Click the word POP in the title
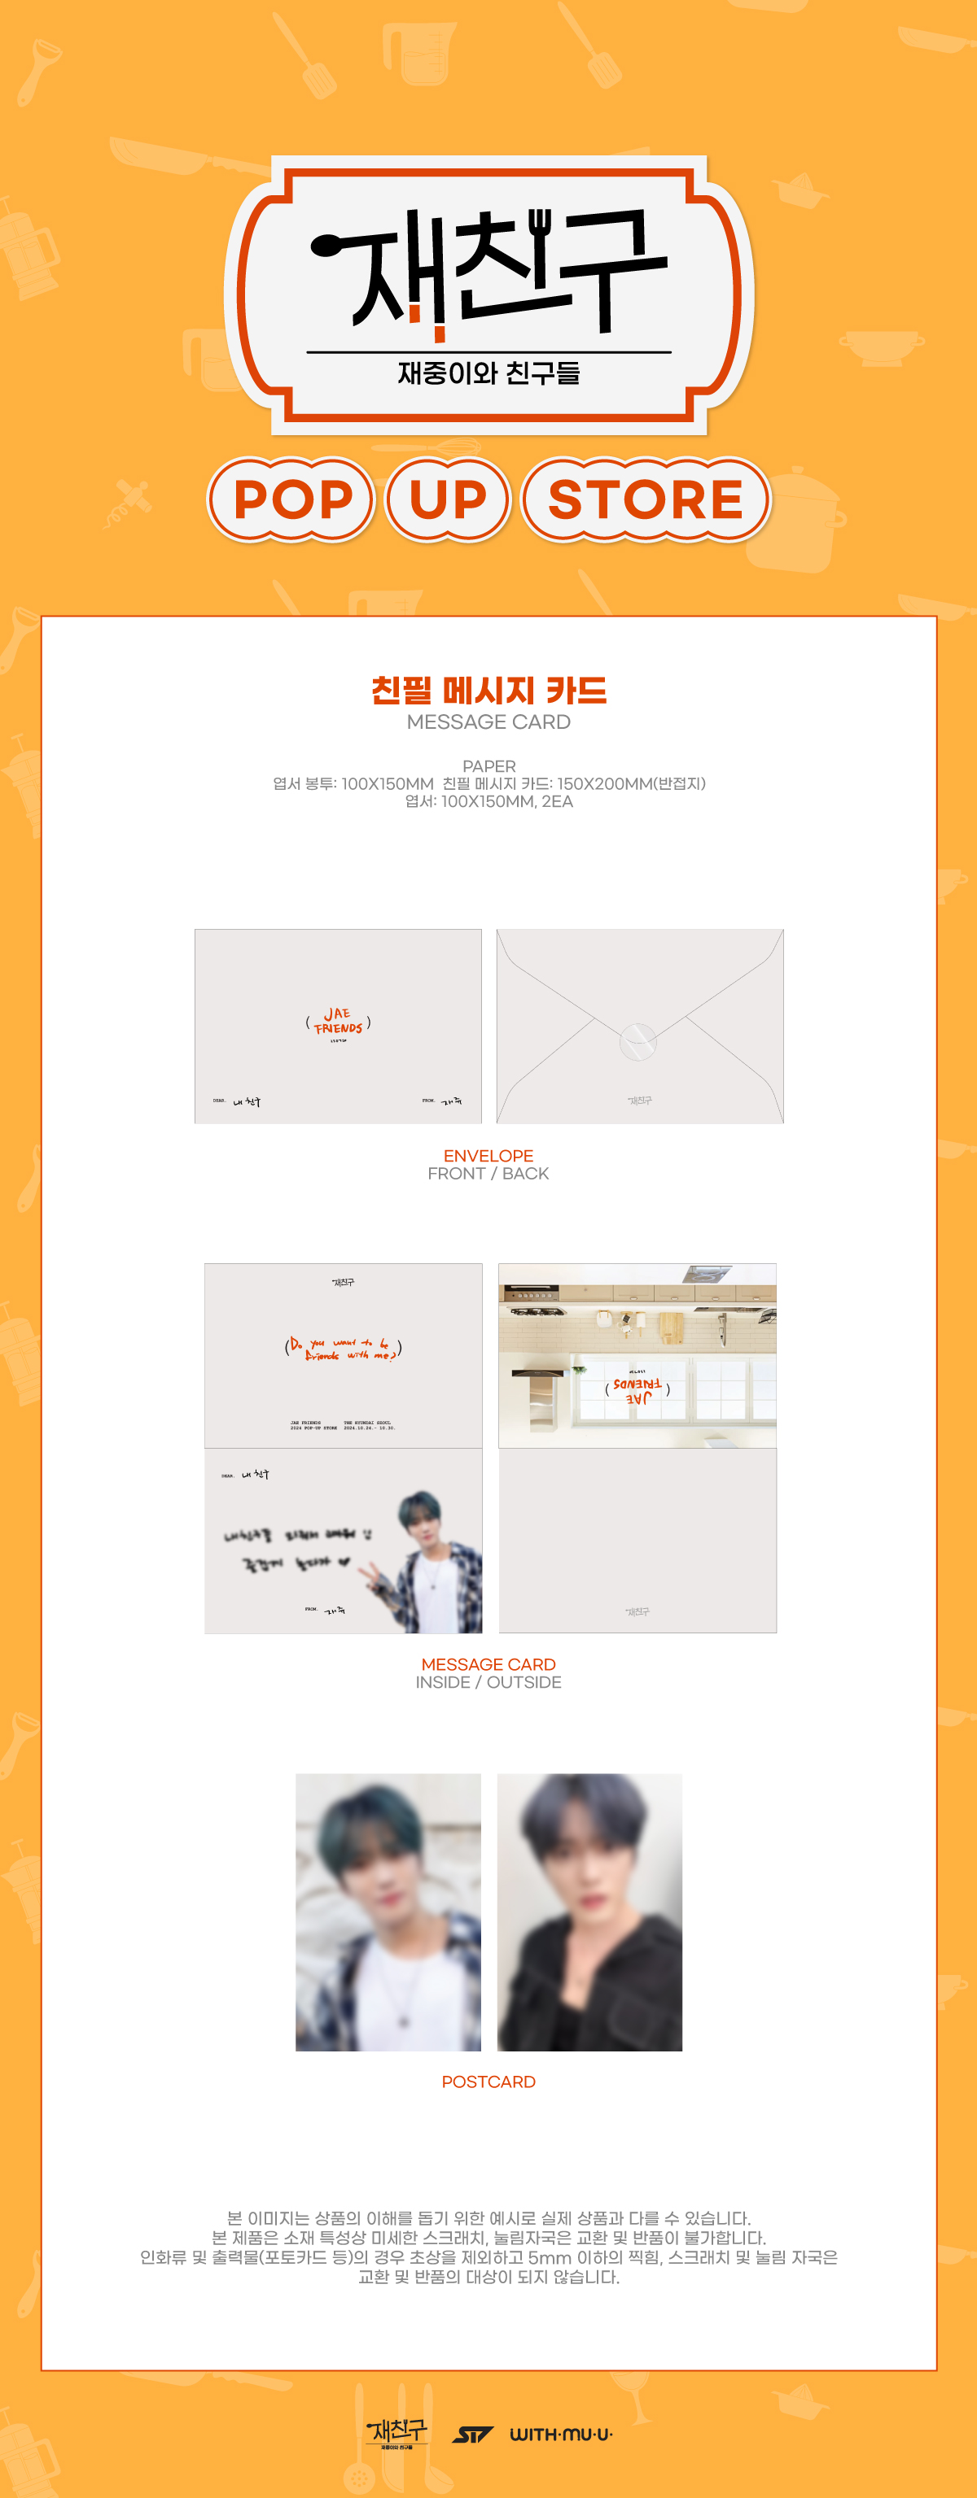292,499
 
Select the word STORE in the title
645,499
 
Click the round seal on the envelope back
637,1040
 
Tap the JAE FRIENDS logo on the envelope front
338,1021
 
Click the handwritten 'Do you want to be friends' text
343,1348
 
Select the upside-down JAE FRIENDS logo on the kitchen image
637,1389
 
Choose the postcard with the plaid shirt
388,1912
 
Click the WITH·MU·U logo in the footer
561,2433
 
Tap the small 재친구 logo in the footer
396,2431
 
